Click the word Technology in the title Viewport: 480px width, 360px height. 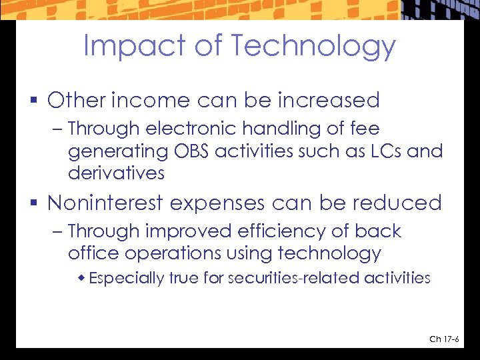tap(313, 46)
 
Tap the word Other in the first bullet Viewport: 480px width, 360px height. tap(77, 101)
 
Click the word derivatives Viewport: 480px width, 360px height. tap(116, 173)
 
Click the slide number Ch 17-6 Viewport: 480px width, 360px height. tap(444, 339)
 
